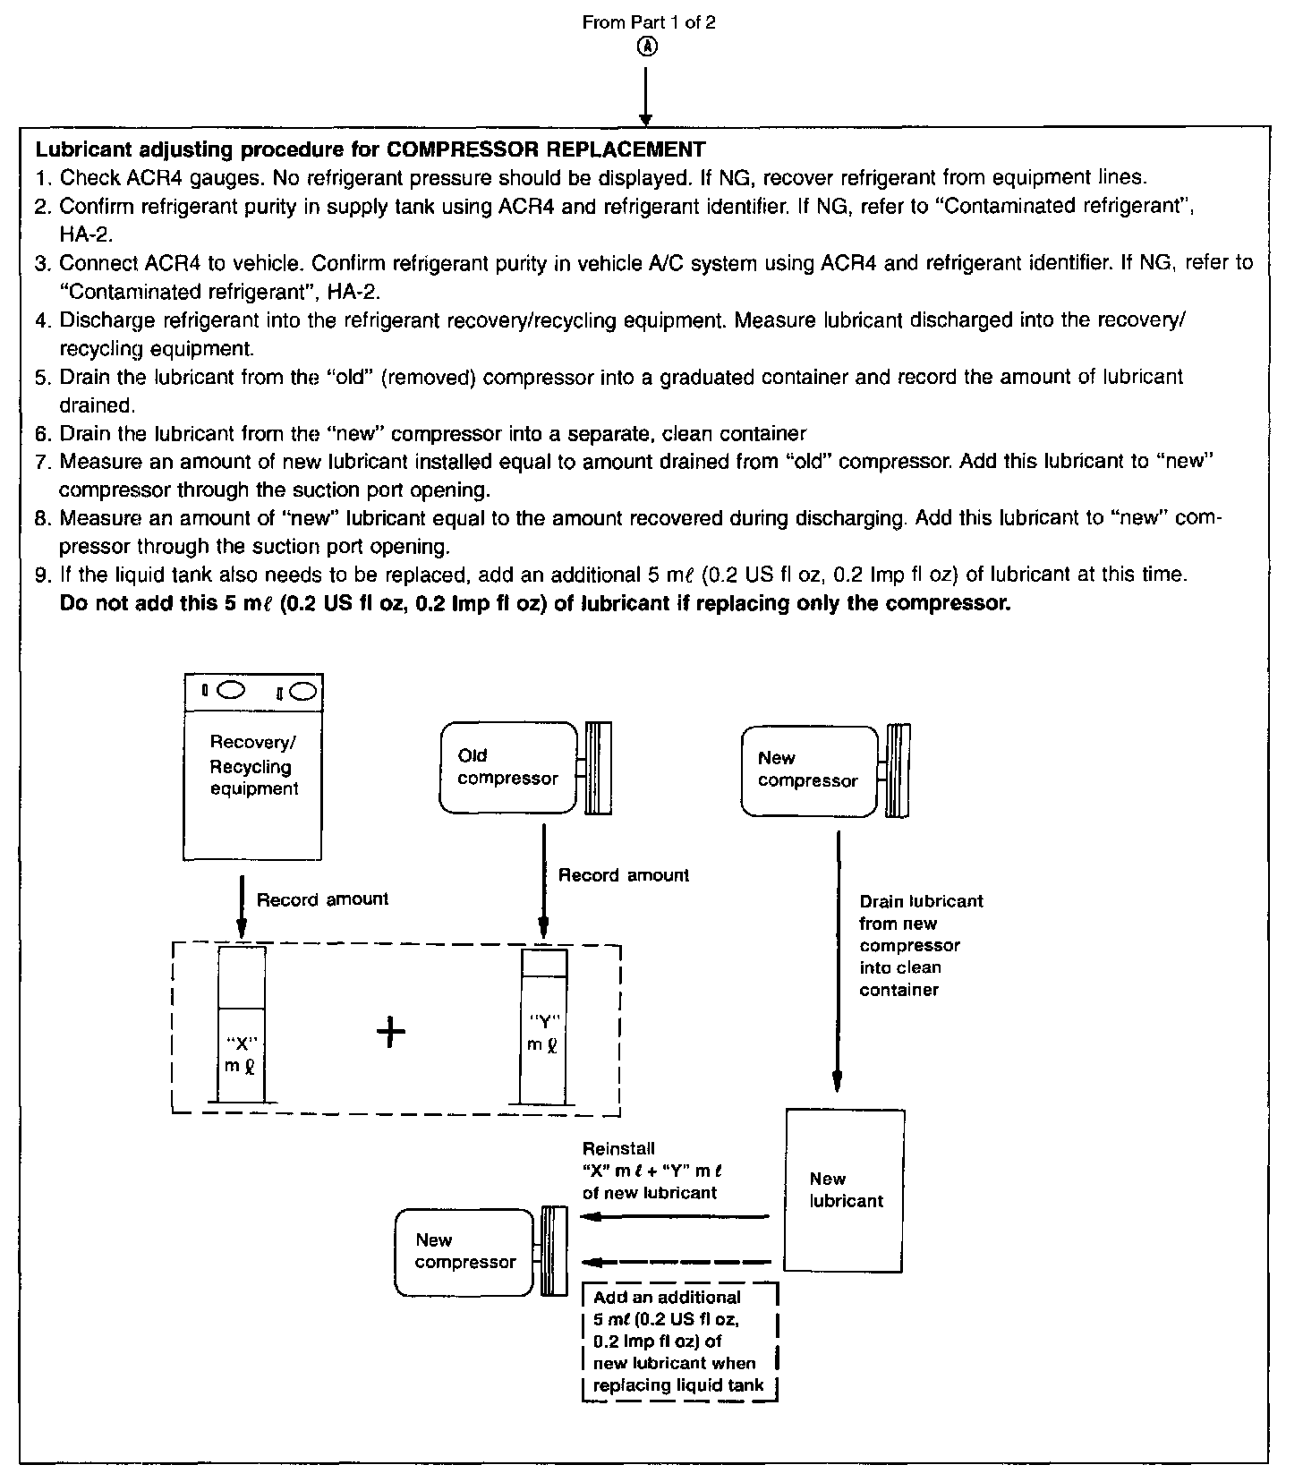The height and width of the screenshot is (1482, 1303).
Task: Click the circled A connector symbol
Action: [x=648, y=47]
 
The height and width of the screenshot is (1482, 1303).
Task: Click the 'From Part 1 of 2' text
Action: [x=648, y=22]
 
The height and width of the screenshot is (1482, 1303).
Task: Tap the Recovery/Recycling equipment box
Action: [x=253, y=766]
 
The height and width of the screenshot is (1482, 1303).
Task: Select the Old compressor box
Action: [x=508, y=768]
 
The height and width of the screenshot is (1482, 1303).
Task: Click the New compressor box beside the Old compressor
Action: [x=809, y=770]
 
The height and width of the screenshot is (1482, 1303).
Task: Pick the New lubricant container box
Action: [x=844, y=1189]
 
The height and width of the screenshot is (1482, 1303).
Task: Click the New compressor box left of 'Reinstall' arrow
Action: [x=465, y=1250]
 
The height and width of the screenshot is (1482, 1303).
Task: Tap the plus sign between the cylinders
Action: [x=391, y=1033]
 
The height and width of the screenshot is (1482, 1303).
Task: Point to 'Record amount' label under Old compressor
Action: [x=624, y=875]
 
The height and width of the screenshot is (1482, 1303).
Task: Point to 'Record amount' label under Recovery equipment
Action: [x=322, y=899]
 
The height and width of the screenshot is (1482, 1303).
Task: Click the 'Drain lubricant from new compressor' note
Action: [x=921, y=945]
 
